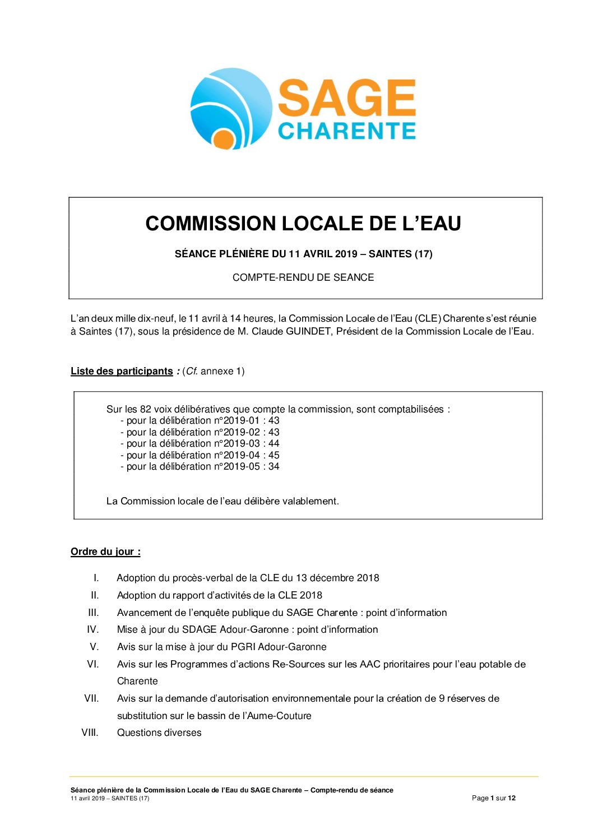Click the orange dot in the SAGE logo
[x=224, y=139]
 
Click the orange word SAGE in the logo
[x=346, y=98]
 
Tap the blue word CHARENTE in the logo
[x=346, y=131]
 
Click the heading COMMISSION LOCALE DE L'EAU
[x=303, y=224]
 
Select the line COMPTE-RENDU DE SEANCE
[x=303, y=277]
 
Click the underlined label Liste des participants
[x=122, y=371]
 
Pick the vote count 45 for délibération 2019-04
[x=274, y=455]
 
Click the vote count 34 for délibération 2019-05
[x=274, y=466]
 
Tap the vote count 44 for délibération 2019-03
[x=274, y=443]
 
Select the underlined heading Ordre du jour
[x=105, y=551]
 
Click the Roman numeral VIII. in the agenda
[x=90, y=733]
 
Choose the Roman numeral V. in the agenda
[x=94, y=647]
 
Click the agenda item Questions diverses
[x=159, y=733]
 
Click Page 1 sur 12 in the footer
[x=493, y=798]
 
